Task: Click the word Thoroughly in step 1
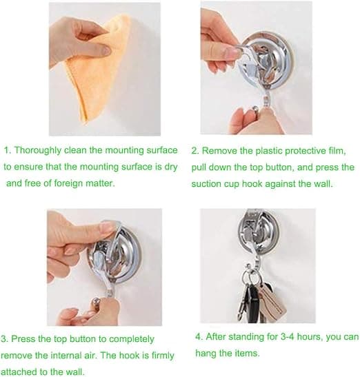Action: coord(38,150)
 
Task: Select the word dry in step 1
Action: coord(171,167)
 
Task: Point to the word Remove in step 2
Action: coord(219,151)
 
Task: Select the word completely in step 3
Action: coord(132,340)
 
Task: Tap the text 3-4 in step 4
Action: coord(288,337)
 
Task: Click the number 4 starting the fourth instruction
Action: coord(199,336)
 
